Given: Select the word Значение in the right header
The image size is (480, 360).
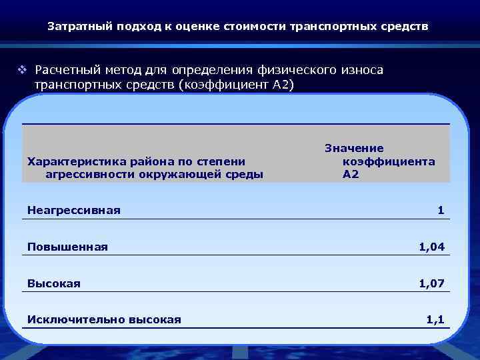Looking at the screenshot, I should click(354, 148).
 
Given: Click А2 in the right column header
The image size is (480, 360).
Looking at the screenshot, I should click(351, 175).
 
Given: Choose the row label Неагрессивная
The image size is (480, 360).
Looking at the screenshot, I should click(74, 211).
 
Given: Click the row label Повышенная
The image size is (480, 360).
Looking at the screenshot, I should click(67, 247).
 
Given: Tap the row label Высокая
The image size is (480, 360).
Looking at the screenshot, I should click(54, 283).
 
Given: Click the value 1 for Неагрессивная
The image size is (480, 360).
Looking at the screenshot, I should click(441, 211).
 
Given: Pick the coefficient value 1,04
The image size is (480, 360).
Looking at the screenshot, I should click(431, 247).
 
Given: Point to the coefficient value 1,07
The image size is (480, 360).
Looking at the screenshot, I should click(431, 283).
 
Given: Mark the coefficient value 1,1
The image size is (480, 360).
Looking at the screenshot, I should click(435, 320).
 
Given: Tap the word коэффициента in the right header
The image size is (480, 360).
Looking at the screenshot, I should click(389, 161).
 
